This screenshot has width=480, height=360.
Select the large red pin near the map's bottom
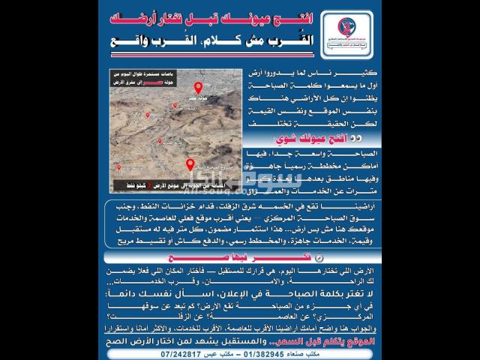click(189, 164)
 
